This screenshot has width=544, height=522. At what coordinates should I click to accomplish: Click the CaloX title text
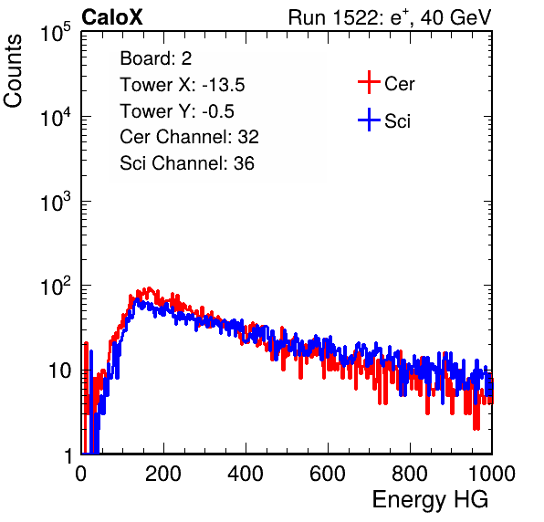coord(112,17)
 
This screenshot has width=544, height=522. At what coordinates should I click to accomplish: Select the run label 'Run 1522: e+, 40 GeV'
coord(390,17)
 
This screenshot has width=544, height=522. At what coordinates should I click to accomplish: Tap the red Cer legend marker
coord(369,82)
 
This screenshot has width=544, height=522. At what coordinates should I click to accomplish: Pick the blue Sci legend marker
coord(369,120)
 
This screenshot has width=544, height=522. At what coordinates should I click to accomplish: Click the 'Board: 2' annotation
coord(156,58)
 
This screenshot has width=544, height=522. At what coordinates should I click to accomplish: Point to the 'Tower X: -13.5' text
coord(183,85)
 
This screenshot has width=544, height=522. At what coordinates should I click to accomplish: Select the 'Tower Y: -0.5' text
coord(177,111)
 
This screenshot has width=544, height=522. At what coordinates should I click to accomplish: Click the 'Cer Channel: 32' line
coord(190,137)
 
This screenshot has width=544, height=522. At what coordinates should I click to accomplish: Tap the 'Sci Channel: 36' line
coord(187,163)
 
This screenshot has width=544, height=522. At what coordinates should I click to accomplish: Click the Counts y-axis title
coord(13,71)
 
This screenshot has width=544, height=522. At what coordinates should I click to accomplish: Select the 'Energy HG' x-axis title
coord(430,500)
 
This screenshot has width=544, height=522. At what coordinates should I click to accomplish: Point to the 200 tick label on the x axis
coord(163,474)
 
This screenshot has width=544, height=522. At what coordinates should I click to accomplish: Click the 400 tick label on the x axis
coord(246,474)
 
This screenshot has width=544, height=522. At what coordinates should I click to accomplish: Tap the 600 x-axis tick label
coord(328,474)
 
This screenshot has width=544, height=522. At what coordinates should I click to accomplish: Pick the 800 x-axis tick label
coord(410,474)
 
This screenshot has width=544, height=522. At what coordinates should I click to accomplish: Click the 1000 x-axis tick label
coord(492,474)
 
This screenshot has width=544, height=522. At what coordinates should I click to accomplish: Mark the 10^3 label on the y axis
coord(56,202)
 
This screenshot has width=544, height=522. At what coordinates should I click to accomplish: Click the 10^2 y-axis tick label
coord(56,287)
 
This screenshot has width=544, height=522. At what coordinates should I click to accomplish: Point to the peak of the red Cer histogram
coord(150,287)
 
